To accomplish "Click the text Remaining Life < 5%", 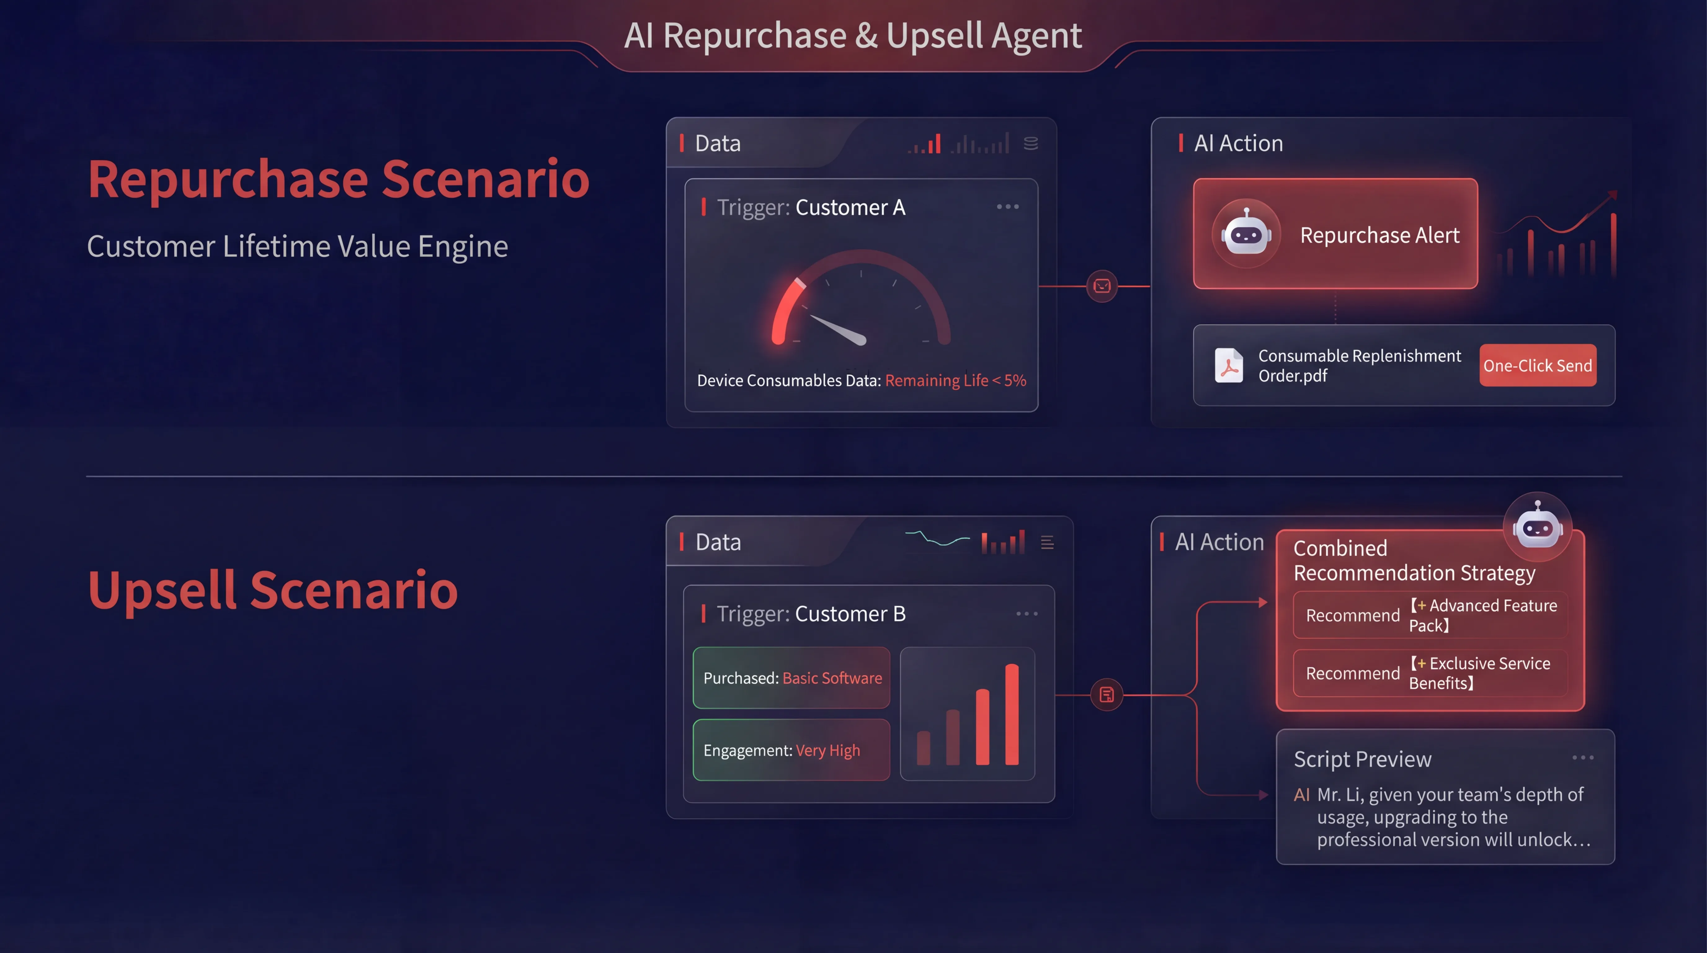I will click(955, 380).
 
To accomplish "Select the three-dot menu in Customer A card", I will click(1007, 207).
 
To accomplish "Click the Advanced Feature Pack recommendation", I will click(1430, 615).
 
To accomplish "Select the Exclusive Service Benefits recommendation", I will click(1430, 673).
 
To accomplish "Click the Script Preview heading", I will click(1362, 759).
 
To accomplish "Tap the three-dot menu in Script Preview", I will click(1582, 758).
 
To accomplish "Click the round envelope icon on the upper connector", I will click(1102, 286).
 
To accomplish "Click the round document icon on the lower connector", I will click(1107, 695).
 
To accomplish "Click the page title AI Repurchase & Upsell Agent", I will click(853, 35).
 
